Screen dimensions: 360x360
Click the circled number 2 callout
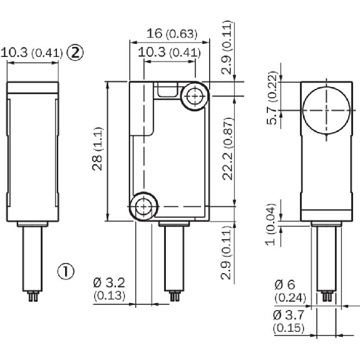coord(75,53)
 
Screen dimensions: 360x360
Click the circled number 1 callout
coord(66,271)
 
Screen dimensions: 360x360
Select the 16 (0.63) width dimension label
coord(172,34)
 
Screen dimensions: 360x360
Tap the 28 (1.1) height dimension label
coord(97,148)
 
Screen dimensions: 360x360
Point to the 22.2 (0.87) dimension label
coord(228,149)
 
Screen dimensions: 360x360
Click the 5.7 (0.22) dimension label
coord(272,98)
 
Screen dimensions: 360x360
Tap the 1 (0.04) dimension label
coord(271,225)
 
